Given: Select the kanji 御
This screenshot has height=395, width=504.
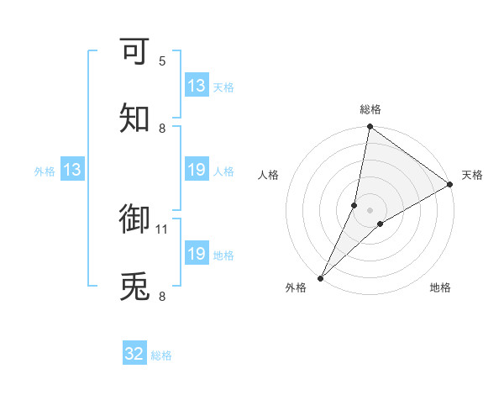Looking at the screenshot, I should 135,219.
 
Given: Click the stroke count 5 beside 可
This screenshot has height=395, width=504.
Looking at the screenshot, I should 162,61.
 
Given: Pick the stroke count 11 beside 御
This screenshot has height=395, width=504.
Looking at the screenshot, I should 162,229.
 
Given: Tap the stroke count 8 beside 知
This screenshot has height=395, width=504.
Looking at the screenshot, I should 162,129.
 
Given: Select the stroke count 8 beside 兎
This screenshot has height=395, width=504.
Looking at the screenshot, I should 162,297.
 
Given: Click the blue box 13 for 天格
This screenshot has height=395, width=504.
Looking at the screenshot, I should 197,86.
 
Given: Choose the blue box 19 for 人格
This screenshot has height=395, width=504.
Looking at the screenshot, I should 197,171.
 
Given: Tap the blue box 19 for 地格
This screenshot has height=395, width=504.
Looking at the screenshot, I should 197,254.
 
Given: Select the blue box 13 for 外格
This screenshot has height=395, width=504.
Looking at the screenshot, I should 72,171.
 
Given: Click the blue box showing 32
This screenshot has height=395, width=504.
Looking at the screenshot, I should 134,354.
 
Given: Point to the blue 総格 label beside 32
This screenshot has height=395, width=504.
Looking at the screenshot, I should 161,355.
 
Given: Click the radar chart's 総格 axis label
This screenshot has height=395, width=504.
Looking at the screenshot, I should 370,109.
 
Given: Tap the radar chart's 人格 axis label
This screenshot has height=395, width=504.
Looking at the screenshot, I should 269,175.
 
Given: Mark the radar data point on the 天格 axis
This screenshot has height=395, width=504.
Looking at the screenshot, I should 450,185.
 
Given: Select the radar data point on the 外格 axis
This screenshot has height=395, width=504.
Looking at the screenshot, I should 320,278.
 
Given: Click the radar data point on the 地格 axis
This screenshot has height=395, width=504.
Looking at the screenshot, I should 381,224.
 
